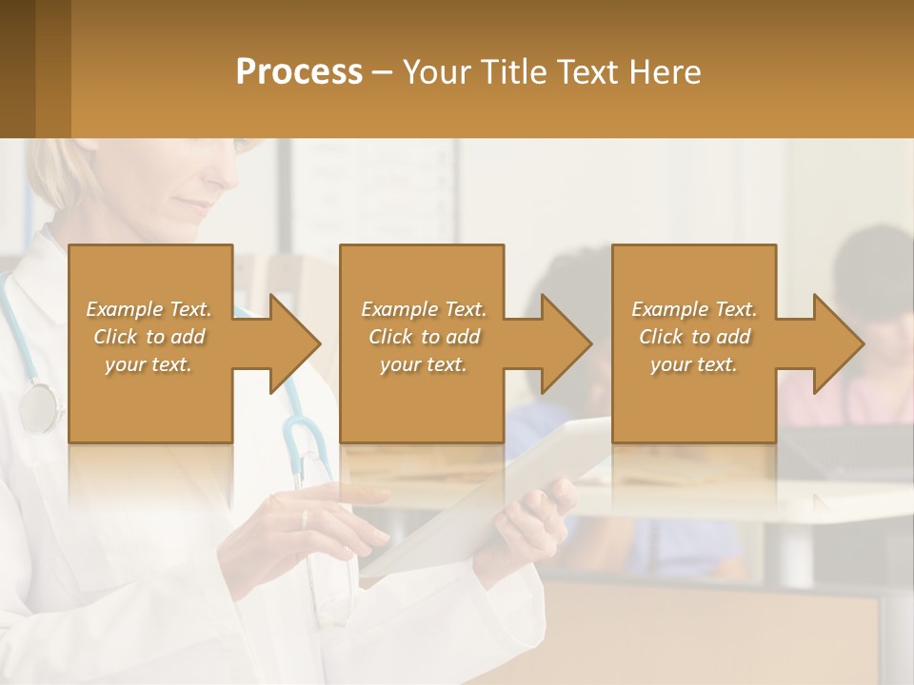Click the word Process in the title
point(299,72)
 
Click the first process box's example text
point(149,337)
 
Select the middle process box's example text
point(424,337)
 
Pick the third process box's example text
point(694,337)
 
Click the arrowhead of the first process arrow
point(295,343)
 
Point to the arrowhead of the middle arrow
point(566,343)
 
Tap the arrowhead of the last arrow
point(838,343)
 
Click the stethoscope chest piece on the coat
point(38,407)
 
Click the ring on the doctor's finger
point(305,519)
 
